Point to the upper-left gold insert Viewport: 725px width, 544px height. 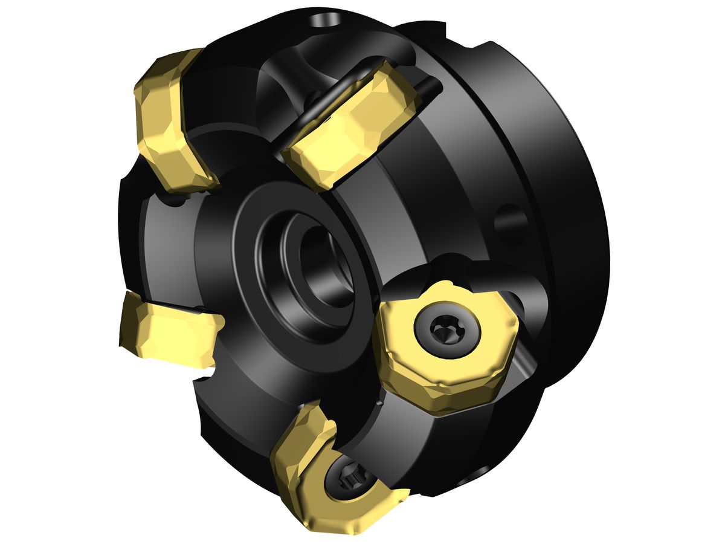pyautogui.click(x=172, y=121)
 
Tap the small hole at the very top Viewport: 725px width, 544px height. pyautogui.click(x=324, y=22)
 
